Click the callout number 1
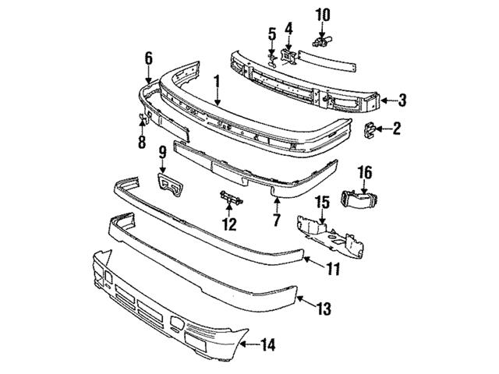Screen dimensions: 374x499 [x=218, y=80]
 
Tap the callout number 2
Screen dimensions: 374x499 [x=396, y=129]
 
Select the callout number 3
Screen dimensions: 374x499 [x=402, y=99]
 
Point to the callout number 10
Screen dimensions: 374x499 [x=322, y=14]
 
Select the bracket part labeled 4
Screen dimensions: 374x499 [x=288, y=54]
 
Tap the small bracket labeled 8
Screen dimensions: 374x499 [x=143, y=118]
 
